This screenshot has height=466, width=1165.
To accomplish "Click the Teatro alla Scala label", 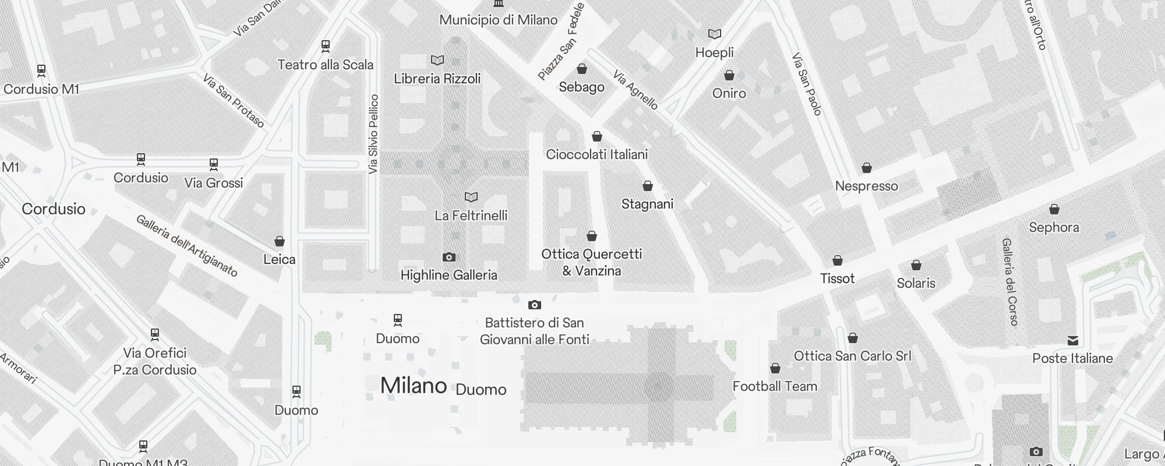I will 325,65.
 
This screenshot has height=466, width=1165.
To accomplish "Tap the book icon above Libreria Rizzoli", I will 437,60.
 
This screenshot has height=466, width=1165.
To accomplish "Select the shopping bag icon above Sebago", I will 581,69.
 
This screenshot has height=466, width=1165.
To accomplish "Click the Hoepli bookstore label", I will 714,52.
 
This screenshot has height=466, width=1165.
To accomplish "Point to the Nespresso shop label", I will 866,186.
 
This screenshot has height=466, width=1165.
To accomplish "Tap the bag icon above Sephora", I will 1054,209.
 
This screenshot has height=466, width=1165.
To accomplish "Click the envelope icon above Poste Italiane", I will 1072,341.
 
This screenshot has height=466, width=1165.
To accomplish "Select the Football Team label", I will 775,386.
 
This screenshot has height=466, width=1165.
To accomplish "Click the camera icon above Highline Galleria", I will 449,257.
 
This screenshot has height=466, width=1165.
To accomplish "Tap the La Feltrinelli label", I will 471,216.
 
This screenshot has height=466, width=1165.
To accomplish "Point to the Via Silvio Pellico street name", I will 373,134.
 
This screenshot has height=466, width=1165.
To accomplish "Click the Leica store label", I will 279,259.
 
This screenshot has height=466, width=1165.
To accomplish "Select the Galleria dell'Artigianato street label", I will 187,246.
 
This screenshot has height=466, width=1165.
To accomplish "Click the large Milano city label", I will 414,386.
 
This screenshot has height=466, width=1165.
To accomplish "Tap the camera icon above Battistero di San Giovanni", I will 534,305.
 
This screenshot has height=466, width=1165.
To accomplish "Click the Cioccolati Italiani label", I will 596,154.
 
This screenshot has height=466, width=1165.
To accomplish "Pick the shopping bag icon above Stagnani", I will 647,186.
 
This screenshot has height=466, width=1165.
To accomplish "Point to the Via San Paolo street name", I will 807,84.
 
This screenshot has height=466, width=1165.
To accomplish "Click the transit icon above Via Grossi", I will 213,165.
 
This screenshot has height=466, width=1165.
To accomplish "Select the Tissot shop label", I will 837,278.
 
